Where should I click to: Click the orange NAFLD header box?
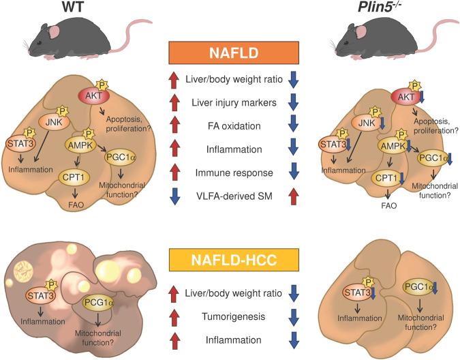coord(230,53)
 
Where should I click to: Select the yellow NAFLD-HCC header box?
coord(230,260)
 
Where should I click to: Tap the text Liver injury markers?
coord(229,104)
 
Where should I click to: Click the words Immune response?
coord(229,175)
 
